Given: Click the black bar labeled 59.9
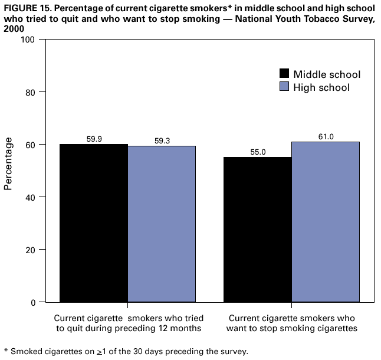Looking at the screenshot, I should pyautogui.click(x=94, y=223).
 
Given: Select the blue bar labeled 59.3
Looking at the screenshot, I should pyautogui.click(x=162, y=224).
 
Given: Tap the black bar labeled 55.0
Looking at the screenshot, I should pyautogui.click(x=258, y=230).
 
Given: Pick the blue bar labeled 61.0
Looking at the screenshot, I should pyautogui.click(x=326, y=222).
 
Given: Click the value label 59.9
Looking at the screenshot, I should pyautogui.click(x=94, y=139).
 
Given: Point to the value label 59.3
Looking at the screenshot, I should pyautogui.click(x=161, y=141).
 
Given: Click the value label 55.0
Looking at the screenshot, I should pyautogui.click(x=258, y=152).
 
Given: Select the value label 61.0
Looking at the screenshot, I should pyautogui.click(x=326, y=137).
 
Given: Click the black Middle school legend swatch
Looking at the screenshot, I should pyautogui.click(x=284, y=74).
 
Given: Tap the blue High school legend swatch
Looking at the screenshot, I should pyautogui.click(x=284, y=87).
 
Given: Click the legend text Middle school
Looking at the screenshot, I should pyautogui.click(x=327, y=74).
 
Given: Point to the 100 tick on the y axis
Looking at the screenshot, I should pyautogui.click(x=28, y=40).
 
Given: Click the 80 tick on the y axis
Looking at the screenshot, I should pyautogui.click(x=29, y=92).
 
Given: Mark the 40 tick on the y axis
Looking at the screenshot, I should pyautogui.click(x=29, y=197).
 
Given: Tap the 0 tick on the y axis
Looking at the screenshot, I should pyautogui.click(x=32, y=302).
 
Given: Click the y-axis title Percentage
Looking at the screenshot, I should pyautogui.click(x=9, y=163).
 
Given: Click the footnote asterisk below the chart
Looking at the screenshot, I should pyautogui.click(x=5, y=351).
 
